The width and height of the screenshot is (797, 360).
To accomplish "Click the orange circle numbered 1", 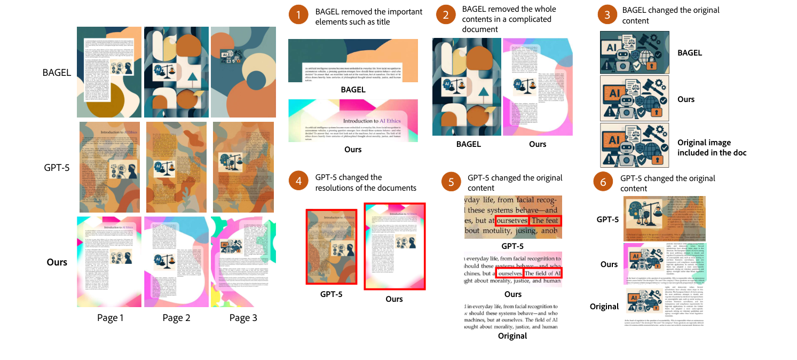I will click(x=298, y=16).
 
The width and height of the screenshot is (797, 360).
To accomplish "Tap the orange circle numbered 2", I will click(x=445, y=15).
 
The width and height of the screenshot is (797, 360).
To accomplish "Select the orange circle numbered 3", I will click(x=607, y=15).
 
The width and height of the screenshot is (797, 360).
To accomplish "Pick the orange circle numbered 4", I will click(x=298, y=182).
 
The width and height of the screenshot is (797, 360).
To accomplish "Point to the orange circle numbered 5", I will click(x=451, y=183).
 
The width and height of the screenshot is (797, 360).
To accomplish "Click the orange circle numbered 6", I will click(x=603, y=183).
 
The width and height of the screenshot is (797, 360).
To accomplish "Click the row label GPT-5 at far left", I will click(x=56, y=167).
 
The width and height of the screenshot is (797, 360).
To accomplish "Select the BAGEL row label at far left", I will click(x=57, y=72).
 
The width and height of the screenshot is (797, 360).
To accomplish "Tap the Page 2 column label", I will click(x=177, y=318).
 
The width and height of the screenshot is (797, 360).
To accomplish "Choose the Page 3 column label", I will click(x=243, y=318).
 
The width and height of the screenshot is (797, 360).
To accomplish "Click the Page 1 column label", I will click(x=110, y=318).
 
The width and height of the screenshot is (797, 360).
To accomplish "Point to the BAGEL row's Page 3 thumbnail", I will click(x=243, y=72).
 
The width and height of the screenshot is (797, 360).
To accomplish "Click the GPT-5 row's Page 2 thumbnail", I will click(x=177, y=167).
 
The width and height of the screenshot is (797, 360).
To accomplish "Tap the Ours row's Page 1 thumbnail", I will click(x=109, y=261).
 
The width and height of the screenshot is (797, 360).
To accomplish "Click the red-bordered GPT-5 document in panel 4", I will click(x=331, y=246).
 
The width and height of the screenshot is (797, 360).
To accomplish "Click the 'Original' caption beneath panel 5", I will click(x=512, y=336).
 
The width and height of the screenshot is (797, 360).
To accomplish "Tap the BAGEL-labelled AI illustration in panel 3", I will click(x=634, y=52).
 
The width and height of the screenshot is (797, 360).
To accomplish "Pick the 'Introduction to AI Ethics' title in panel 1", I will click(x=372, y=121).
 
